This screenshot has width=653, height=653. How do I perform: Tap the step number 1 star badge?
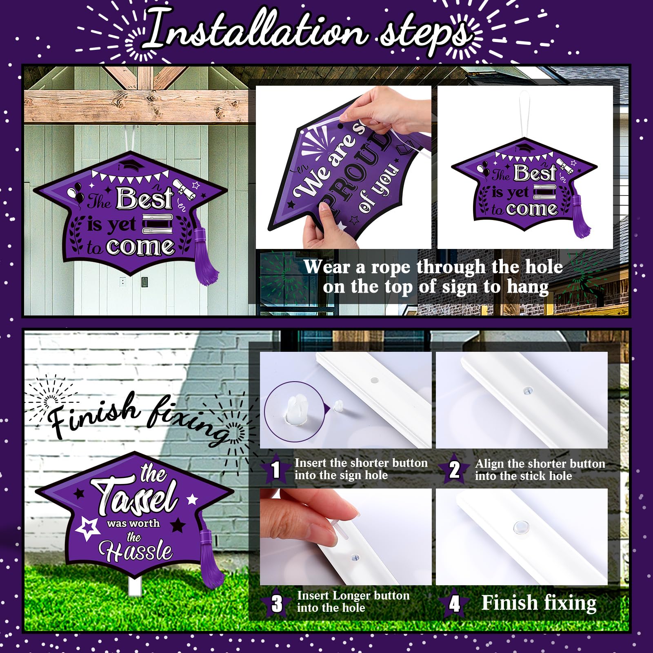tap(276, 469)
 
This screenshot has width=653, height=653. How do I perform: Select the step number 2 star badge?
tap(454, 469)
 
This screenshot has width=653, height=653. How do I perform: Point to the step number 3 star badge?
tap(277, 603)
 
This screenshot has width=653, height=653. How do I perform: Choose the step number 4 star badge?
tap(454, 603)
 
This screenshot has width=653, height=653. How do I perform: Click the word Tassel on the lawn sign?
tap(135, 498)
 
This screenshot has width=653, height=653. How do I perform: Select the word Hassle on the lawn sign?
tap(135, 551)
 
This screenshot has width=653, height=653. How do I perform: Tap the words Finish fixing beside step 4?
tap(539, 603)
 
